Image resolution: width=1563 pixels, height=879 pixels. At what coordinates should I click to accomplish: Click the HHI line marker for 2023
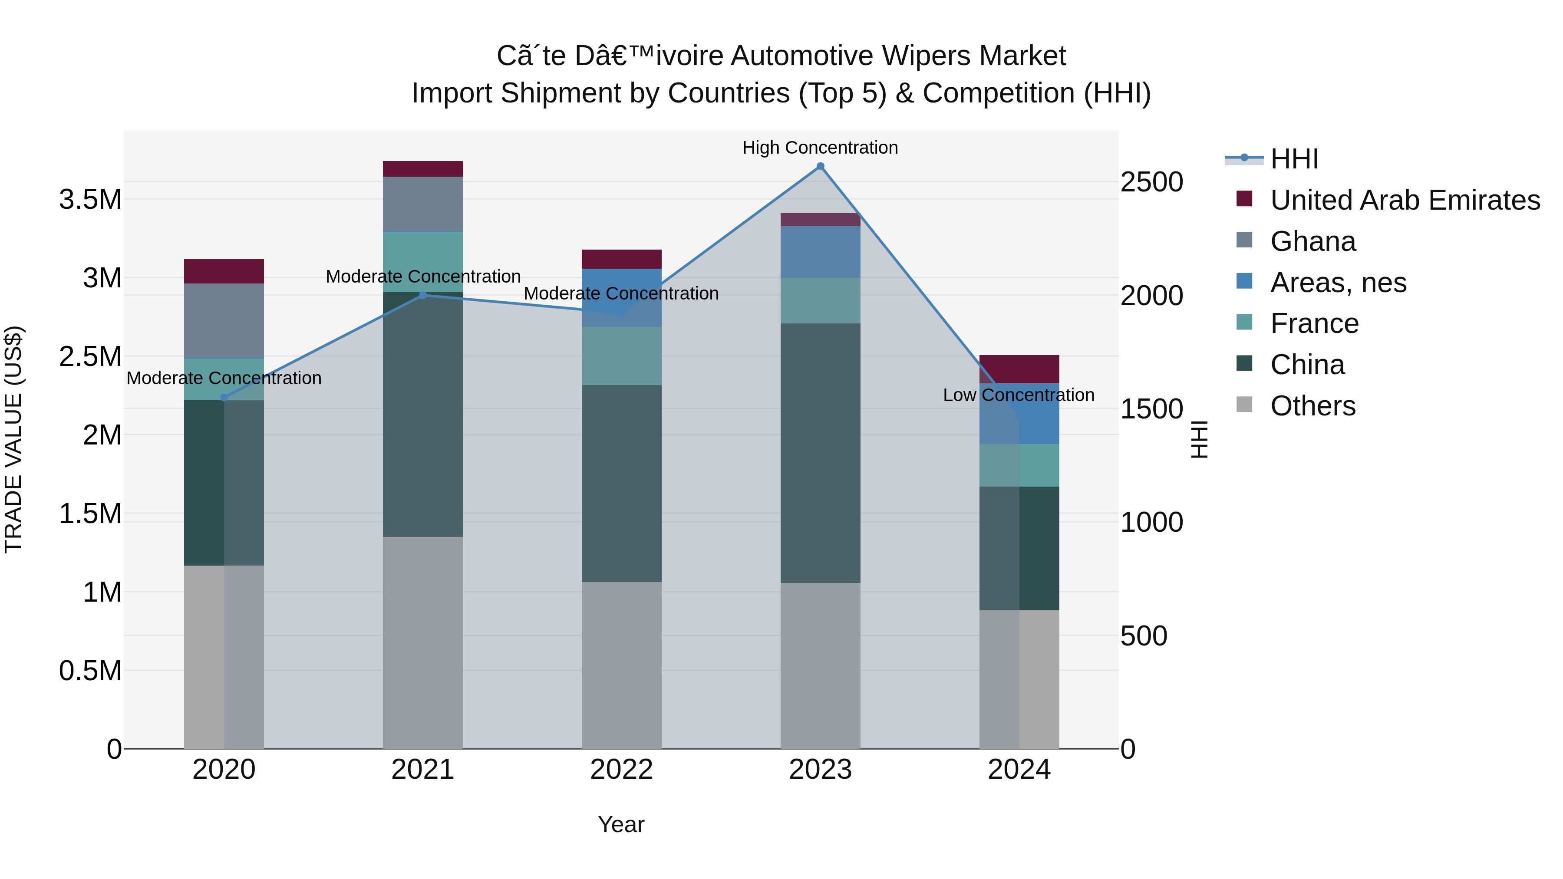(820, 166)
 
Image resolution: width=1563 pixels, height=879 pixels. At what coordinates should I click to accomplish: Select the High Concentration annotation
(820, 148)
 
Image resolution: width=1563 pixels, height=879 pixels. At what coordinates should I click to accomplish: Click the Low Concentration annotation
(1018, 395)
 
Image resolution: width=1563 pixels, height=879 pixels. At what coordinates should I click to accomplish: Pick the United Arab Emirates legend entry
(1405, 200)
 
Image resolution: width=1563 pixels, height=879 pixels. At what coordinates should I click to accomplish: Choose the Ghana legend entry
(1312, 241)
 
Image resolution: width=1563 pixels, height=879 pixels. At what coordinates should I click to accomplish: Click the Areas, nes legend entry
(1338, 283)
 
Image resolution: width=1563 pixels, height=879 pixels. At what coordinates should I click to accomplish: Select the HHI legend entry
(1294, 159)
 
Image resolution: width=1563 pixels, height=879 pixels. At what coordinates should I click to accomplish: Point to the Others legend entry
(1312, 406)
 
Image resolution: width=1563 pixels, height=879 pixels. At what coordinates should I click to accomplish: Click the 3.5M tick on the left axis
(90, 200)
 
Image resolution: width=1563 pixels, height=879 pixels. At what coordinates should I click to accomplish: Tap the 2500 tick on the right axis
(1151, 182)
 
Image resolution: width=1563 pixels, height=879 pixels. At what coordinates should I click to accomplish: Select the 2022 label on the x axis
(621, 770)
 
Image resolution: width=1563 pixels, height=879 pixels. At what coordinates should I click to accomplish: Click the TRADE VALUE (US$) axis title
(13, 439)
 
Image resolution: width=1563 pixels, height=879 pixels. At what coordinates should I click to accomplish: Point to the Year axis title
(621, 824)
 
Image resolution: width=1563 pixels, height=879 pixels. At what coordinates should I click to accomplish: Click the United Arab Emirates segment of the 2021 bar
(423, 169)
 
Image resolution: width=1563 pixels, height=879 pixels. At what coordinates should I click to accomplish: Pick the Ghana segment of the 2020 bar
(224, 320)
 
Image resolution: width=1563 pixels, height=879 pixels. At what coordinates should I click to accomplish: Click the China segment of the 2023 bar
(820, 453)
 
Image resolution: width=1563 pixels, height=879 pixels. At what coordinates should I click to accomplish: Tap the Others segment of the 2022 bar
(621, 665)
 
